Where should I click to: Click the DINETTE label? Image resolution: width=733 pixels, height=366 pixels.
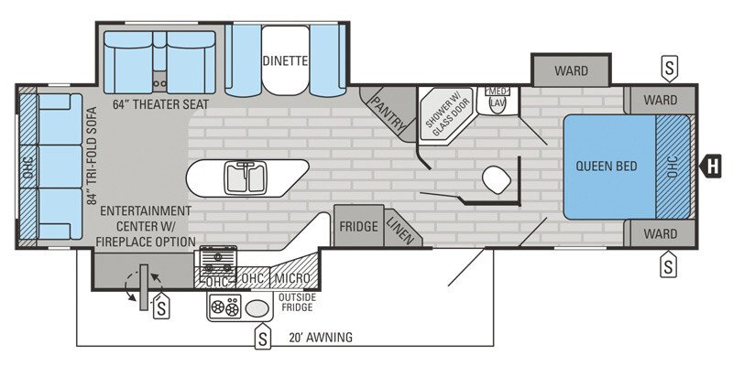click(284, 62)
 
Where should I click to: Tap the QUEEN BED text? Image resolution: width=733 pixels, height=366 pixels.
click(607, 166)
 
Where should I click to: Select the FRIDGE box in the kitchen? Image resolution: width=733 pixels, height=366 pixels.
click(358, 226)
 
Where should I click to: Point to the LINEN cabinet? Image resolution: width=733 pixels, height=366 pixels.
click(399, 228)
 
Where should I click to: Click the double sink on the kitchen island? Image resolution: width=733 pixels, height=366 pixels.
click(246, 177)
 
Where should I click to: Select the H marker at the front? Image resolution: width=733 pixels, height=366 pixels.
click(711, 166)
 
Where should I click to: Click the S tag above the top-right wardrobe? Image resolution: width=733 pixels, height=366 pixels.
click(671, 67)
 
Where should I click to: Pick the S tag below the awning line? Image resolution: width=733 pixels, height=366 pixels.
click(263, 338)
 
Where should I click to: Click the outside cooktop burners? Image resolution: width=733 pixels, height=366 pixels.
click(224, 308)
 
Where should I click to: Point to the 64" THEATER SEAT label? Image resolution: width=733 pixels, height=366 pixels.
click(161, 105)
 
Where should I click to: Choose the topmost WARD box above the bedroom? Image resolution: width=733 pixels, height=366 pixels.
click(571, 70)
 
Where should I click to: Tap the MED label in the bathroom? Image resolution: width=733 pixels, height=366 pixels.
click(498, 91)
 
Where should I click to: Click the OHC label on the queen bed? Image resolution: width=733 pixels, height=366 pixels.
click(672, 167)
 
